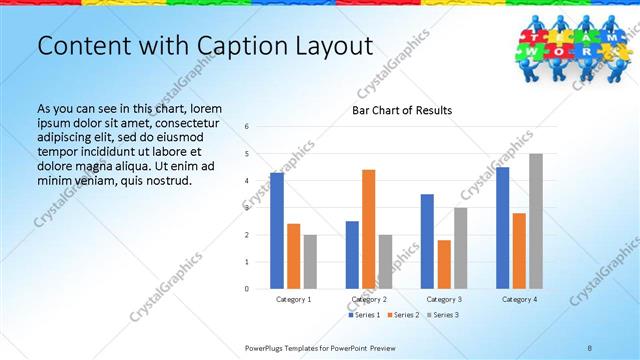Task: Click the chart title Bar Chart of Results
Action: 401,110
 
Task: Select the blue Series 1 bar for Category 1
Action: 277,231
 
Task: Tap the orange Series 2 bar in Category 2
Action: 368,229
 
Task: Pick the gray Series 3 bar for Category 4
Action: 535,221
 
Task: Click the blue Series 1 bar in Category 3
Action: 427,241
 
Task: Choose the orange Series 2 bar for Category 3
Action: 444,264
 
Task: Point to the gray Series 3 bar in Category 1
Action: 310,262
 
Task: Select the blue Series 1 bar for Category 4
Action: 502,228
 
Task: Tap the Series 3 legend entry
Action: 442,315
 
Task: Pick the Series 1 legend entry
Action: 363,315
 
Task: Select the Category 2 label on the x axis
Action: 368,299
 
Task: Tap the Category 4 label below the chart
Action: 519,299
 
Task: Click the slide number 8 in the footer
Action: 590,347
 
